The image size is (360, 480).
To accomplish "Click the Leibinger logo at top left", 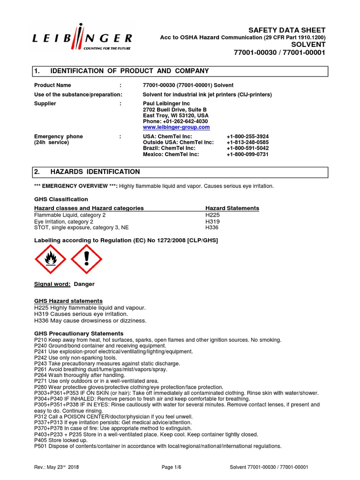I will (82, 38).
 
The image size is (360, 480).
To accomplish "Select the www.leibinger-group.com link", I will (176, 127).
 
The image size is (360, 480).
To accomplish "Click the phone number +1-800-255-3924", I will (247, 136).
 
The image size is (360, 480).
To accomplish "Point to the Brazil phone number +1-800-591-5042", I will (247, 149).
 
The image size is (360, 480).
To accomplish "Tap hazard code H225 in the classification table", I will (212, 215).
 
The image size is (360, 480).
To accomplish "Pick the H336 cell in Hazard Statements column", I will (212, 227).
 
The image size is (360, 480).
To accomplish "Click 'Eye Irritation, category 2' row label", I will (64, 221).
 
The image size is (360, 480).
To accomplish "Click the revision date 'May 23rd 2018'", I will (66, 467).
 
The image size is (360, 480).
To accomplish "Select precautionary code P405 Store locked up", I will (61, 440).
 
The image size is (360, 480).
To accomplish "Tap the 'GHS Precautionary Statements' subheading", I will (79, 333).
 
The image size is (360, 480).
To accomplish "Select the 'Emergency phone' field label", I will (59, 136).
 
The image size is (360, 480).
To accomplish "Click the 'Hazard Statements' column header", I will (232, 208).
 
